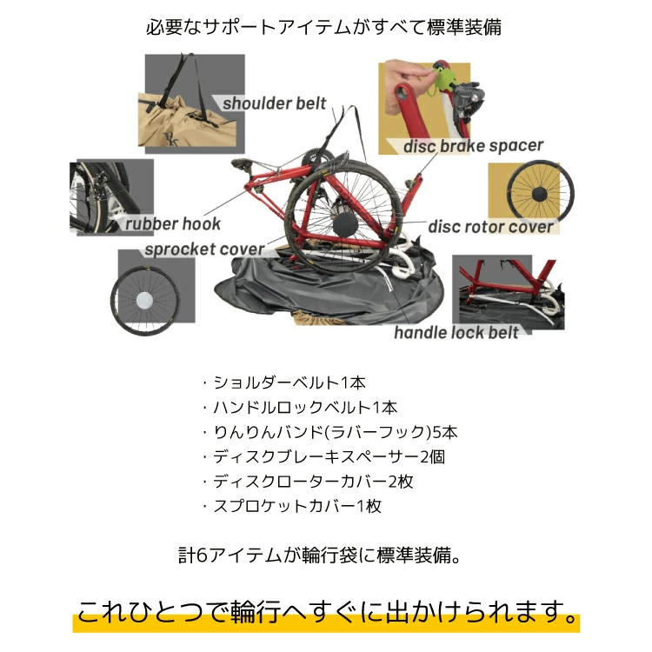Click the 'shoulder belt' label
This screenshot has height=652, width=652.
(x=274, y=104)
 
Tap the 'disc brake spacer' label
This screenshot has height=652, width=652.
(x=473, y=146)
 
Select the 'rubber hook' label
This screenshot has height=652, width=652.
(x=173, y=223)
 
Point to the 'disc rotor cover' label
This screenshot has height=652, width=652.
(x=490, y=227)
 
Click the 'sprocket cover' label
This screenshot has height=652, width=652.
(x=203, y=249)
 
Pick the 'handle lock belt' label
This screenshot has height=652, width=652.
(x=456, y=332)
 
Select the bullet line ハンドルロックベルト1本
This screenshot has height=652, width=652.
(x=299, y=406)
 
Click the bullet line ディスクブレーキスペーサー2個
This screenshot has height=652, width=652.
(x=323, y=456)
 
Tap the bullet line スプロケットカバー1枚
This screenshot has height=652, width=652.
(x=292, y=506)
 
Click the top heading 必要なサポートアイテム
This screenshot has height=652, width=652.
(x=325, y=27)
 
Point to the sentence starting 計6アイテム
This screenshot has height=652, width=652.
(x=316, y=554)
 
